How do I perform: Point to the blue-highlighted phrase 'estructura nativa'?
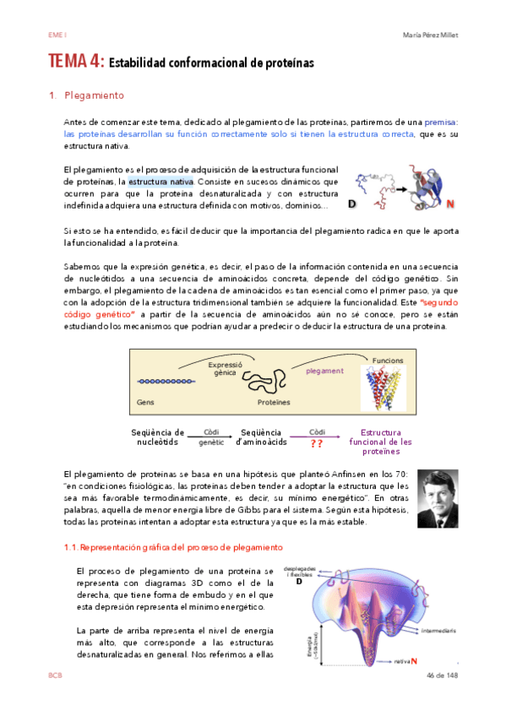161,181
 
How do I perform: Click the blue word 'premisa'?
441,122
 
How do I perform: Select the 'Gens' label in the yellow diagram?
145,403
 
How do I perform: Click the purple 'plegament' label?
324,371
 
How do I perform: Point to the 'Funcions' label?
388,361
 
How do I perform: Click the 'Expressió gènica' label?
225,368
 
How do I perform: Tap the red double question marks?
317,443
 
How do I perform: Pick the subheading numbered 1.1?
161,547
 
